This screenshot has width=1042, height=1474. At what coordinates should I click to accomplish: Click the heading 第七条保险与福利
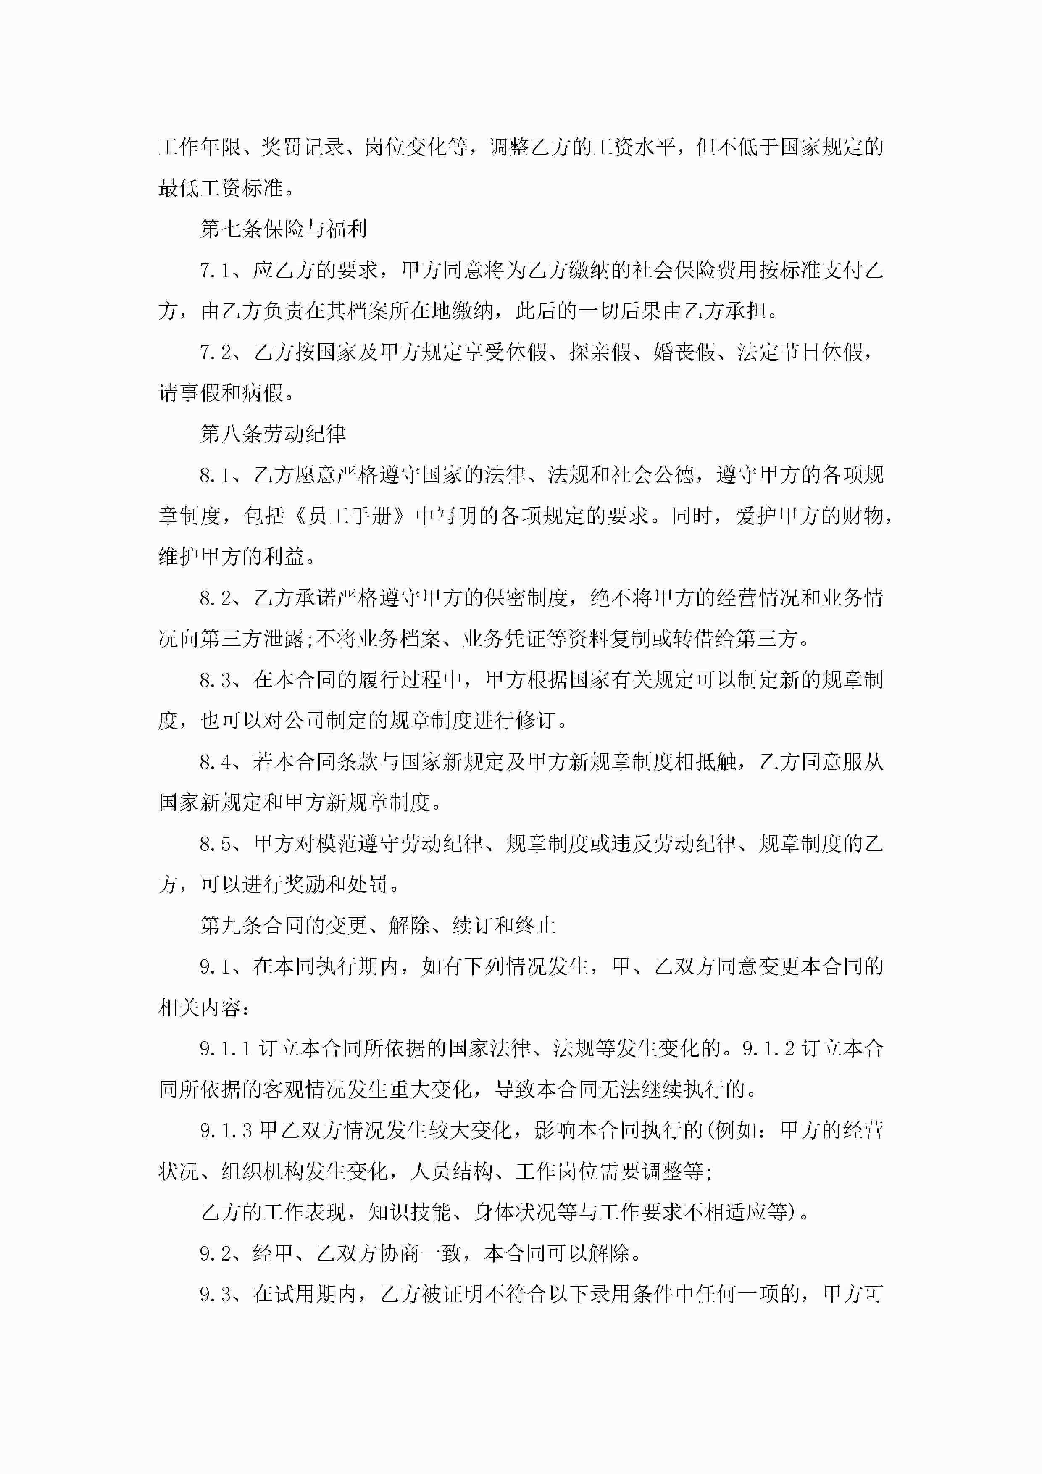click(x=283, y=229)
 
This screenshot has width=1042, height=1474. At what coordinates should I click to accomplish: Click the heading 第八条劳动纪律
click(x=273, y=434)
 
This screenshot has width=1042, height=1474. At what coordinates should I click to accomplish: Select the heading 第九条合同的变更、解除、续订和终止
click(x=377, y=925)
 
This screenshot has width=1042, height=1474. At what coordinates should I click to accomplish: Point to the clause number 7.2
click(x=215, y=353)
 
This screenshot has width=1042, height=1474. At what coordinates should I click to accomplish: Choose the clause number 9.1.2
click(x=768, y=1049)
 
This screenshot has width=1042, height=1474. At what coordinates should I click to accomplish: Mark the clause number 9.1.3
click(x=226, y=1131)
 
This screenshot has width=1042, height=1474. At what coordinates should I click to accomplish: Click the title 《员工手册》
click(x=350, y=516)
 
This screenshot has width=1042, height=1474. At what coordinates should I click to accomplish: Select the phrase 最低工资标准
click(x=220, y=189)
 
